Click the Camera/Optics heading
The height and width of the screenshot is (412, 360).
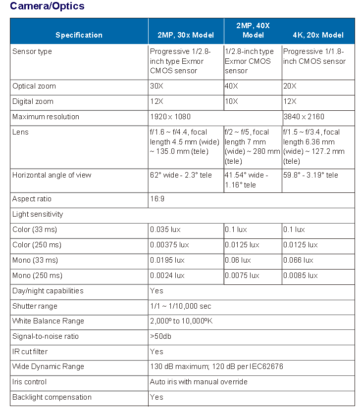pyautogui.click(x=47, y=6)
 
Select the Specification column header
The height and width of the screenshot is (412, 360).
pyautogui.click(x=79, y=35)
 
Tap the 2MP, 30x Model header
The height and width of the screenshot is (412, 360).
pyautogui.click(x=186, y=35)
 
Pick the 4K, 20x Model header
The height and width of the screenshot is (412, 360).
pyautogui.click(x=318, y=35)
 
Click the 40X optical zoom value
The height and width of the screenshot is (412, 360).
pyautogui.click(x=232, y=86)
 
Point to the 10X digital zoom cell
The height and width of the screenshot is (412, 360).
pyautogui.click(x=232, y=101)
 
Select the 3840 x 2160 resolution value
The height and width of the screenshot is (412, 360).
pyautogui.click(x=304, y=117)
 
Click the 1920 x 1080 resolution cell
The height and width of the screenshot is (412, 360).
pyautogui.click(x=170, y=117)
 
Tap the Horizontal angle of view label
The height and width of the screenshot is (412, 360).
pyautogui.click(x=52, y=175)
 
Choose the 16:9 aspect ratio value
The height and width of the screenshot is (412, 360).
pyautogui.click(x=158, y=199)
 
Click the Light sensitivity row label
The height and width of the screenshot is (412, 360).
pyautogui.click(x=38, y=214)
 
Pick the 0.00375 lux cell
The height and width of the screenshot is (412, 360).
pyautogui.click(x=169, y=245)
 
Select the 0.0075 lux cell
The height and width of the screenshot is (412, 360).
pyautogui.click(x=242, y=275)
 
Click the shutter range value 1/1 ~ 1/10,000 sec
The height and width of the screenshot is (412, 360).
pyautogui.click(x=181, y=306)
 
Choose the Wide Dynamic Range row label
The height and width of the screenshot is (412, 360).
pyautogui.click(x=48, y=366)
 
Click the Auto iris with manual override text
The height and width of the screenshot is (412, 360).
pyautogui.click(x=199, y=382)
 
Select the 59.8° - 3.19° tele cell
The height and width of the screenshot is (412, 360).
pyautogui.click(x=310, y=175)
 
